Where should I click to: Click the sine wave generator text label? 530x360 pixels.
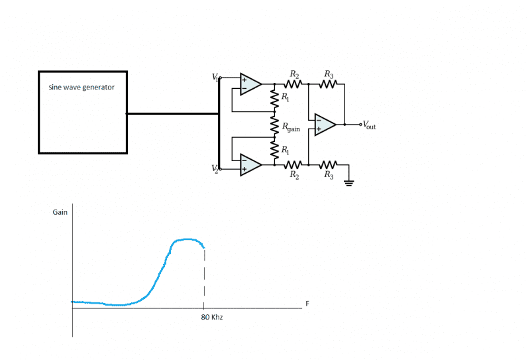pos(81,88)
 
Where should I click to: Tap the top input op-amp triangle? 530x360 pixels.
pos(250,84)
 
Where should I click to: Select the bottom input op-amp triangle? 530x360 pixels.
pos(250,164)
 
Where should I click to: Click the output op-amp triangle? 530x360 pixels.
pos(325,124)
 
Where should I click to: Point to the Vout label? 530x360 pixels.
pos(369,124)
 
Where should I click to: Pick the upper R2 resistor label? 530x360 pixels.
pos(294,74)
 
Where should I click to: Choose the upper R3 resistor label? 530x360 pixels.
pos(329,74)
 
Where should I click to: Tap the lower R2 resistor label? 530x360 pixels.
pos(294,175)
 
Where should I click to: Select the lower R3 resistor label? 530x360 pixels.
pos(329,175)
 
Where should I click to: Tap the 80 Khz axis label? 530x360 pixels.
pos(212,318)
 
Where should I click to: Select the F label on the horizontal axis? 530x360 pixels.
pos(307,304)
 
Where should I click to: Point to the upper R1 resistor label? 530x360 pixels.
pos(285,97)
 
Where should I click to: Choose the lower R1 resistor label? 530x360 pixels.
pos(285,150)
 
